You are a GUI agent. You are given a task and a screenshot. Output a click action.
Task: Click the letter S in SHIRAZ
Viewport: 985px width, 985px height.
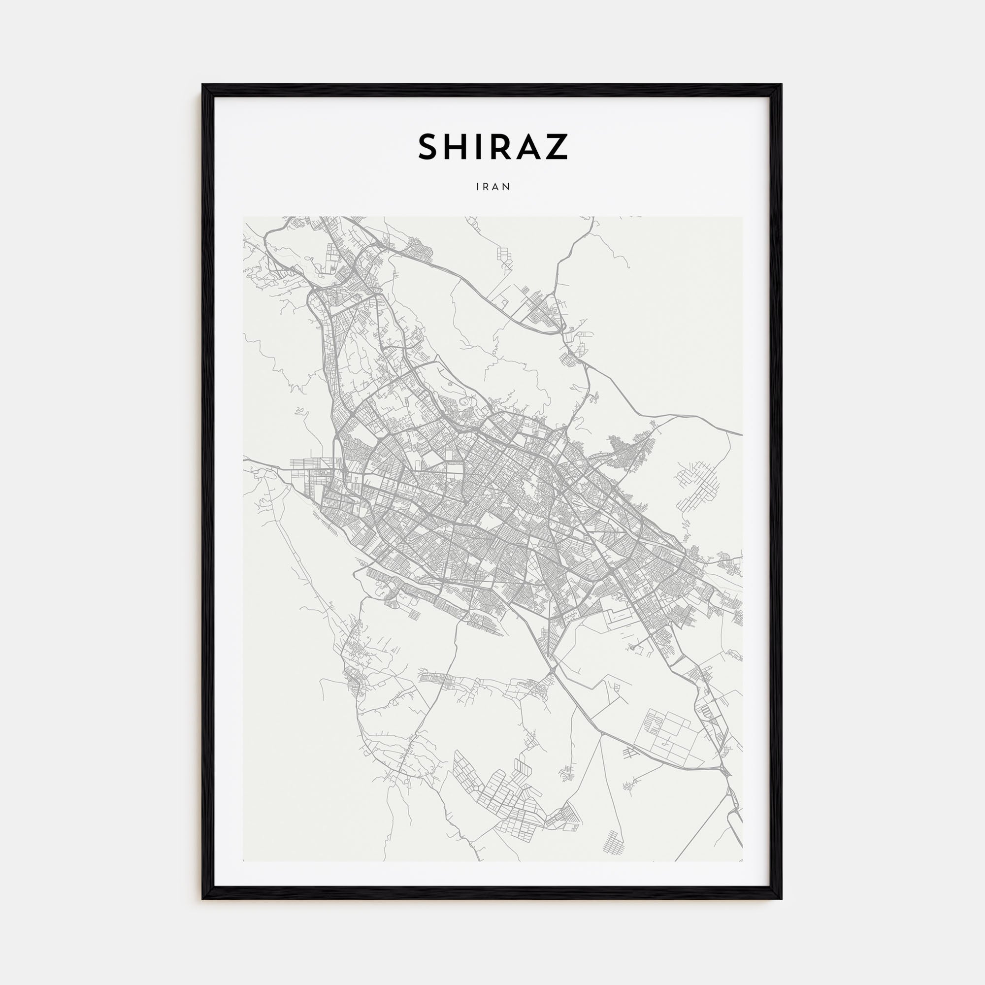[429, 147]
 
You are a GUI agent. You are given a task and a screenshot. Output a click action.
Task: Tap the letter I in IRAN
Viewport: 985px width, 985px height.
[478, 187]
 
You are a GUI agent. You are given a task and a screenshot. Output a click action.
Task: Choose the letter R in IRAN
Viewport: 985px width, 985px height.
[487, 187]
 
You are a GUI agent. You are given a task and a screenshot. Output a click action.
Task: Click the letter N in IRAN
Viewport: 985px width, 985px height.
[507, 187]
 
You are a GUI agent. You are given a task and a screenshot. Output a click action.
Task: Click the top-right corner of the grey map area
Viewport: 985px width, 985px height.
[742, 217]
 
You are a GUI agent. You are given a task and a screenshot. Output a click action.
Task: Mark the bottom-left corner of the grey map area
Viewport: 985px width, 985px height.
[243, 861]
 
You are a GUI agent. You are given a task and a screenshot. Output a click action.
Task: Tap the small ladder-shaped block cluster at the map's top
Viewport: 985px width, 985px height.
[504, 256]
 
